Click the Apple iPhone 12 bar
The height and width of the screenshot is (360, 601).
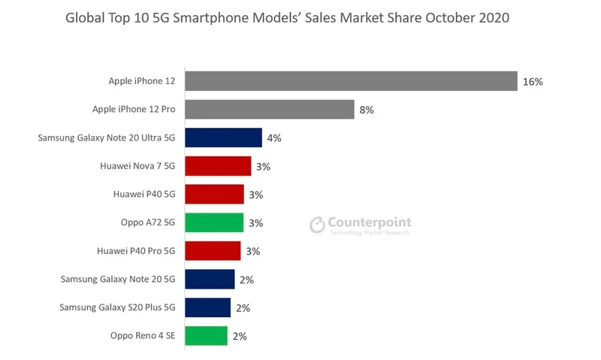pyautogui.click(x=351, y=81)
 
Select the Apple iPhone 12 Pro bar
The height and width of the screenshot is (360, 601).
pyautogui.click(x=270, y=110)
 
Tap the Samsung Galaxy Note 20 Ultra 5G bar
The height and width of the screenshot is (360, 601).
pyautogui.click(x=223, y=138)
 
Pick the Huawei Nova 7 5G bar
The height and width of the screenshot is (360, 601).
pyautogui.click(x=218, y=166)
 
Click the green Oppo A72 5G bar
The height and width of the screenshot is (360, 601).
pyautogui.click(x=214, y=222)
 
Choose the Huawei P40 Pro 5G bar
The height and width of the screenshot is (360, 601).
pyautogui.click(x=213, y=251)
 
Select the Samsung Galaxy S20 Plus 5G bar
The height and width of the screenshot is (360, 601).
pyautogui.click(x=207, y=307)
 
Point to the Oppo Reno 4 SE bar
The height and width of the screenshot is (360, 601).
pyautogui.click(x=206, y=336)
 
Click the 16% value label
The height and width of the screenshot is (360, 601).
pyautogui.click(x=533, y=82)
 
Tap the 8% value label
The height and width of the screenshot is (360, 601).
pyautogui.click(x=367, y=110)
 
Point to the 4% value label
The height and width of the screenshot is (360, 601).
pyautogui.click(x=274, y=138)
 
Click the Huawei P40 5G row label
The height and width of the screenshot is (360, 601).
pyautogui.click(x=143, y=195)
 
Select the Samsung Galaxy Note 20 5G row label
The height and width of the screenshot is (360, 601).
pyautogui.click(x=118, y=280)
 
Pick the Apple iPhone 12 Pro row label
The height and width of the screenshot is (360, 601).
pyautogui.click(x=134, y=110)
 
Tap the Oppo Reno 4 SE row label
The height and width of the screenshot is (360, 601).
pyautogui.click(x=137, y=336)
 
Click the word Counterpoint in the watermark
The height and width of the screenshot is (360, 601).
pyautogui.click(x=370, y=222)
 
